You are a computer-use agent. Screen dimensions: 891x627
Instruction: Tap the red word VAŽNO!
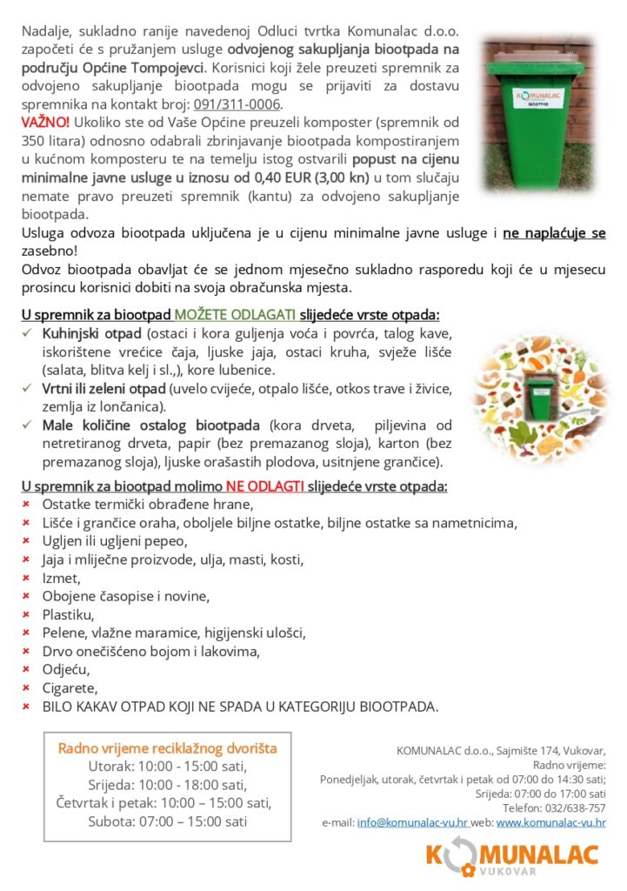45,121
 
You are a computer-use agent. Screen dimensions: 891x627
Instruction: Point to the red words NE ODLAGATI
265,486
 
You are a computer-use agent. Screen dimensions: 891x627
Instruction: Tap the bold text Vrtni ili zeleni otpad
104,388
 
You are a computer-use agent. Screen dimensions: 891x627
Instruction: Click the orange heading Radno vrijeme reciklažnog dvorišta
167,748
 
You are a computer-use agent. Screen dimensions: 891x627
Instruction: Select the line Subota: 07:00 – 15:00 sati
167,821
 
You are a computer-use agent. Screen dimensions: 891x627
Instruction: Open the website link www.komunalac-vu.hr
551,822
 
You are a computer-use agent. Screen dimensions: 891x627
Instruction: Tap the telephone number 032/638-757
575,807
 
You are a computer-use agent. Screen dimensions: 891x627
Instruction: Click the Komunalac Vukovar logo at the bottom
512,857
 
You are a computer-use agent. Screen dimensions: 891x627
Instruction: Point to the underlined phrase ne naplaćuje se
554,233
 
